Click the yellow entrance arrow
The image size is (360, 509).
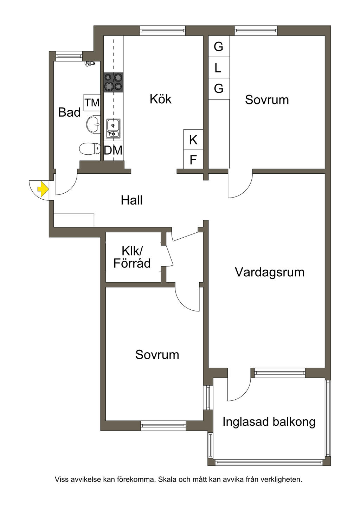click(x=43, y=189)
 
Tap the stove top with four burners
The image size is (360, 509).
click(x=113, y=82)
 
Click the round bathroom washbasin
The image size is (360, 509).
click(x=93, y=124)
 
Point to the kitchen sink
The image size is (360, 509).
click(x=113, y=129)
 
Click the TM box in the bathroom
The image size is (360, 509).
click(x=92, y=103)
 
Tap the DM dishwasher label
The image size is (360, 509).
click(x=113, y=150)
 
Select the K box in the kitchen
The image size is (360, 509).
click(x=193, y=140)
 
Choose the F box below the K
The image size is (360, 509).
click(x=193, y=160)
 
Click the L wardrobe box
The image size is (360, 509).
click(x=218, y=67)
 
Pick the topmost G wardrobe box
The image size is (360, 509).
click(x=218, y=46)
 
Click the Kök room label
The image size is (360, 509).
click(x=161, y=99)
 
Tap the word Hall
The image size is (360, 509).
click(x=131, y=200)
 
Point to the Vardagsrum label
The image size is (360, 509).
click(x=269, y=272)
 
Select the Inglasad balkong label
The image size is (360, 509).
click(x=269, y=421)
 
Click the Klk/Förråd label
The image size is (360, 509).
click(x=132, y=257)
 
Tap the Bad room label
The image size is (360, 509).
click(x=69, y=112)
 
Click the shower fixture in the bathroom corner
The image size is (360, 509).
click(x=90, y=63)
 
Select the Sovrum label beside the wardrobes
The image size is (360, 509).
click(x=267, y=99)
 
